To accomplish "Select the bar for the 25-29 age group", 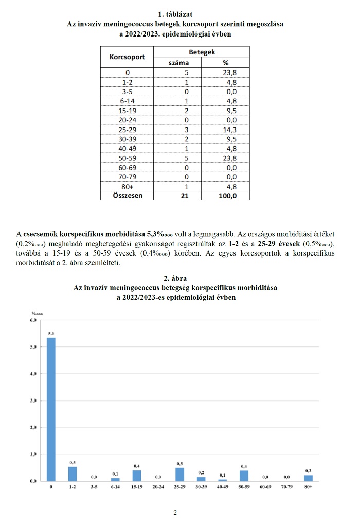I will pyautogui.click(x=179, y=474).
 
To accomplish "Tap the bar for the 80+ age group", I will pyautogui.click(x=308, y=478).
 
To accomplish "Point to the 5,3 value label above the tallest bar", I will pyautogui.click(x=51, y=333).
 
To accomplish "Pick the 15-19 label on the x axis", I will pyautogui.click(x=137, y=486).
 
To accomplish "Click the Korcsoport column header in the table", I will pyautogui.click(x=127, y=57).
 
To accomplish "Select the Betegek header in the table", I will pyautogui.click(x=202, y=52).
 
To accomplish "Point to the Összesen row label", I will pyautogui.click(x=127, y=195).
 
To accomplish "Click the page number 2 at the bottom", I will pyautogui.click(x=175, y=513).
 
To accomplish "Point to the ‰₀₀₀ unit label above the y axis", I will pyautogui.click(x=37, y=313).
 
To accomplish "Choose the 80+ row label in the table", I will pyautogui.click(x=127, y=186).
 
